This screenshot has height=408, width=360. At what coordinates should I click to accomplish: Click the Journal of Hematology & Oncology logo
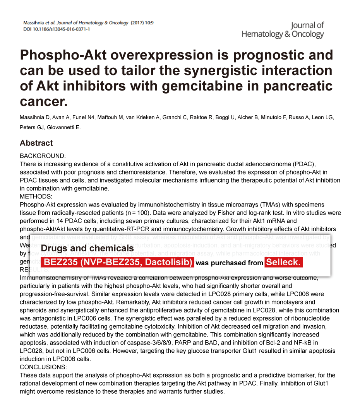click(x=283, y=30)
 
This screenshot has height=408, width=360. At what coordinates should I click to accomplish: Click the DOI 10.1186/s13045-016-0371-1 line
click(x=57, y=29)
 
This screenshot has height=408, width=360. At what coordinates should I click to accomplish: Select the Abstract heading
click(x=36, y=143)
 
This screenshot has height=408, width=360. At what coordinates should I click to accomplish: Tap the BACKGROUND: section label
click(x=43, y=156)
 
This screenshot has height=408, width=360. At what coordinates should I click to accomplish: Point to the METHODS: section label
click(x=38, y=196)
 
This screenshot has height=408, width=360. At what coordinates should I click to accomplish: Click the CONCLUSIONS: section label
click(x=43, y=367)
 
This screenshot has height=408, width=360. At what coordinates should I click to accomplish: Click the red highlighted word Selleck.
click(x=283, y=262)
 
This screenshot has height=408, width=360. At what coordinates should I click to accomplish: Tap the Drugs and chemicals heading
click(x=87, y=248)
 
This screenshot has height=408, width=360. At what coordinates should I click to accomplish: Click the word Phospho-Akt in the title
click(x=62, y=55)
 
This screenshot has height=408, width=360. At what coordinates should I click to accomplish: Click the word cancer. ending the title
click(x=44, y=101)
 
